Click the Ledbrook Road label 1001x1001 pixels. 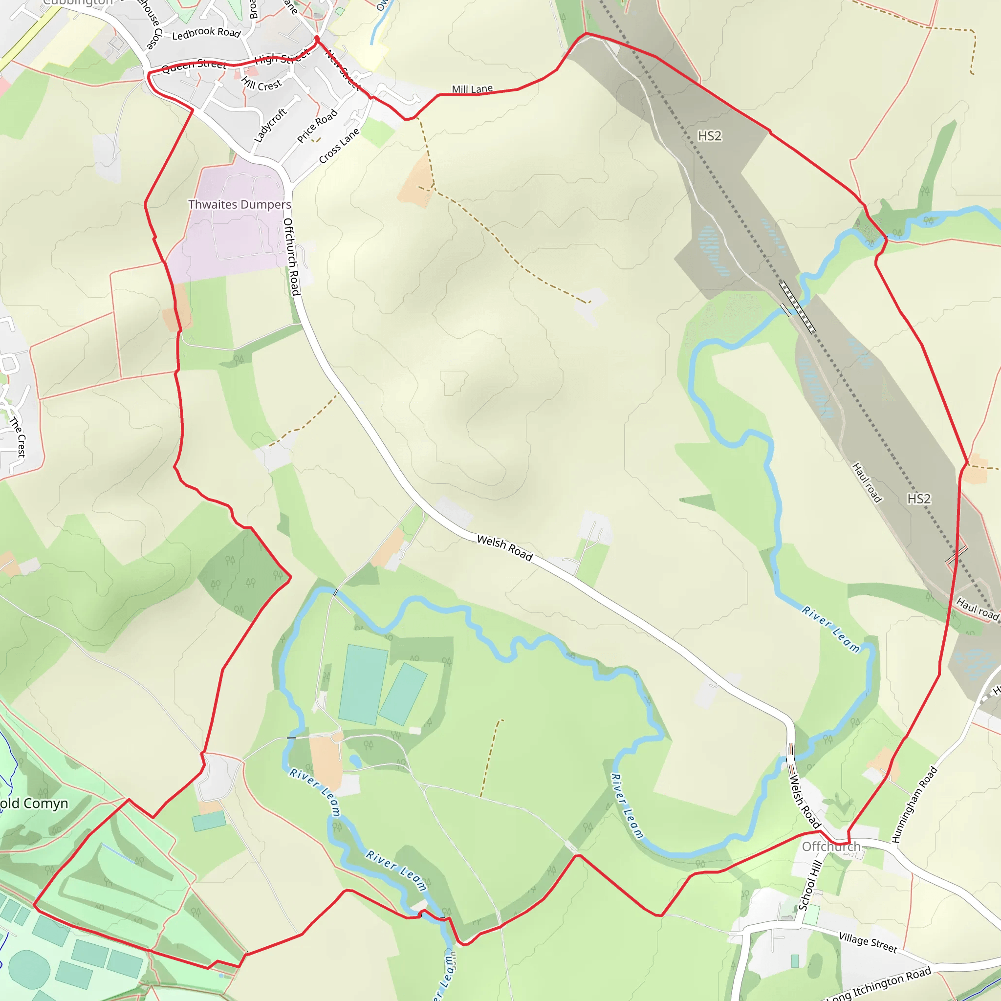pos(206,33)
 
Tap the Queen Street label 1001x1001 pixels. pos(194,65)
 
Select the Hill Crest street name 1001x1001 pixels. pos(261,84)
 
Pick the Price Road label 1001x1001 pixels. pos(317,126)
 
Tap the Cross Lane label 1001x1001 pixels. pos(339,146)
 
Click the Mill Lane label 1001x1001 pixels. pos(472,89)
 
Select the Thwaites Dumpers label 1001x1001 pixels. pos(239,205)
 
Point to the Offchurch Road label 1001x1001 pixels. pos(292,257)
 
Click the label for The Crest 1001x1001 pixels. pos(18,437)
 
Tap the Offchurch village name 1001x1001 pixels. pos(831,846)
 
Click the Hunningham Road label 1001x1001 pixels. pos(914,805)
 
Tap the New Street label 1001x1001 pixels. pos(343,70)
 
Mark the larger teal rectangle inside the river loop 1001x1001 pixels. pos(363,684)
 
